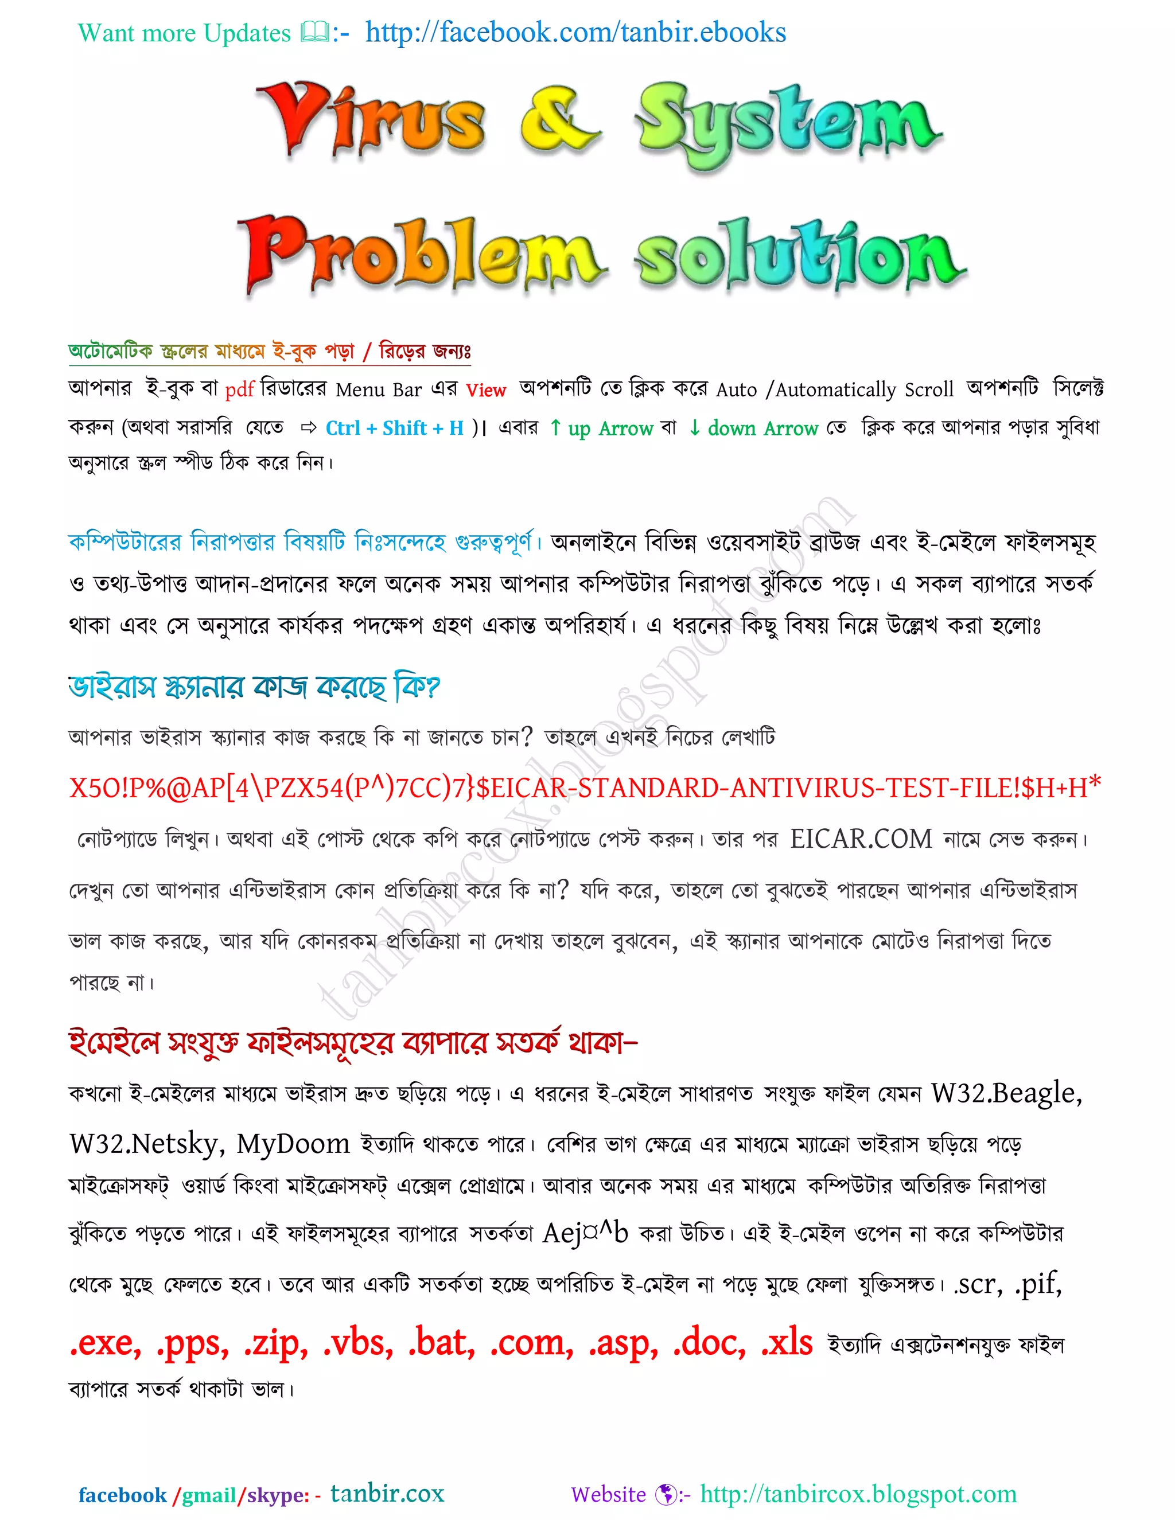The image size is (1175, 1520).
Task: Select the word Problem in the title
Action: [x=421, y=254]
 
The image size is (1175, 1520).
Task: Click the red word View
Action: [x=485, y=391]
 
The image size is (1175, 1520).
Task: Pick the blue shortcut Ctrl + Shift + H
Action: [x=394, y=428]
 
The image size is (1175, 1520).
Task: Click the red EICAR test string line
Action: [x=585, y=787]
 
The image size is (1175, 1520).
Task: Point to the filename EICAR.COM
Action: [x=861, y=839]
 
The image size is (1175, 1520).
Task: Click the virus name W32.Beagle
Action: [x=1006, y=1093]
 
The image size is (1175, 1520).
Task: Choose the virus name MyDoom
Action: [x=293, y=1144]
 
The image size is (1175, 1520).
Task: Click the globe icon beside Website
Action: [x=666, y=1494]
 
